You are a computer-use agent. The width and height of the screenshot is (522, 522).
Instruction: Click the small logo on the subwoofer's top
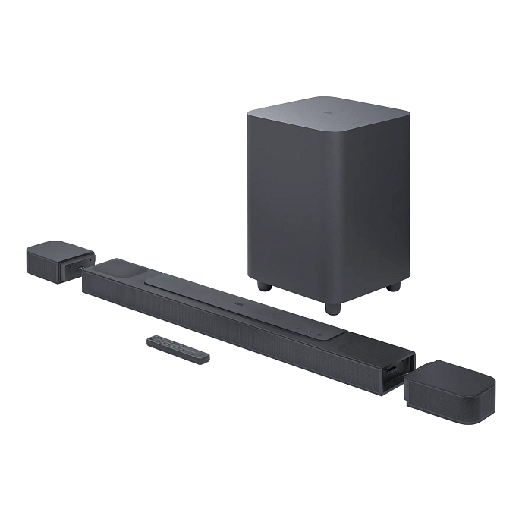click(329, 110)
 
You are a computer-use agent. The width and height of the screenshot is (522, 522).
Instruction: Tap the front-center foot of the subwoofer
click(332, 308)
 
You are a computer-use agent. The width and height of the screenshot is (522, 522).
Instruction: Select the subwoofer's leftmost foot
click(263, 287)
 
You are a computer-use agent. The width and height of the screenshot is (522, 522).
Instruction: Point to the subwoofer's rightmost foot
click(392, 287)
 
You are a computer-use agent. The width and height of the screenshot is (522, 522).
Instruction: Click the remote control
click(178, 349)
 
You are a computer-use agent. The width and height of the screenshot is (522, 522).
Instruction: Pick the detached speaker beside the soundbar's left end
click(59, 262)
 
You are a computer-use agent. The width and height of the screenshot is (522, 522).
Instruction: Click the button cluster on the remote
click(167, 344)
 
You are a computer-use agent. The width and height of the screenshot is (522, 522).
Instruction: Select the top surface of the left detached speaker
click(57, 250)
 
